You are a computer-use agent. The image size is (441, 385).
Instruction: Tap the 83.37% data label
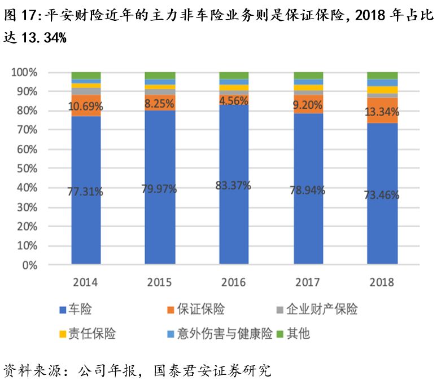tap(233, 185)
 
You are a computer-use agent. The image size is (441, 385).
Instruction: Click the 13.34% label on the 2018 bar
tap(382, 113)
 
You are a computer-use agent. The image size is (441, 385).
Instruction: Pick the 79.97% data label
tap(159, 189)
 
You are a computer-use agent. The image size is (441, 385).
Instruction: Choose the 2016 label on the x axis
tap(233, 282)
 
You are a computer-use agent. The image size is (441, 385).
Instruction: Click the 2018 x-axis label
tap(382, 282)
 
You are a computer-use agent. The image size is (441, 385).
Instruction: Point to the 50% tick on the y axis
tap(25, 169)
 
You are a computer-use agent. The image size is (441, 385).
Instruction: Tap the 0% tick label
tap(29, 265)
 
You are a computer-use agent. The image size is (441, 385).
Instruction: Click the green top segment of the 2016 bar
tap(233, 76)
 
